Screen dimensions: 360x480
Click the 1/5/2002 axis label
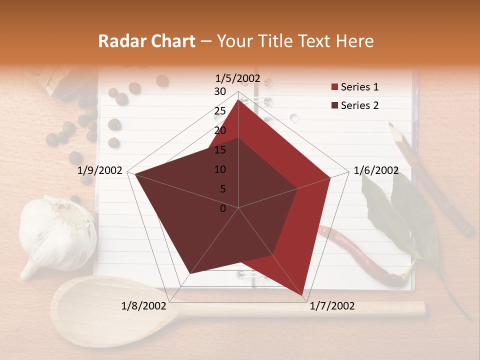[238, 78]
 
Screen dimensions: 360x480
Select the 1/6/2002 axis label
[376, 170]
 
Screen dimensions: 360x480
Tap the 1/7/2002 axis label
[332, 306]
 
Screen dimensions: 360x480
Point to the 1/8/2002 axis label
[144, 306]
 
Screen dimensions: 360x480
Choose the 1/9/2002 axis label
[100, 170]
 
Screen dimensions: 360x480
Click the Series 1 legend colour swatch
[334, 87]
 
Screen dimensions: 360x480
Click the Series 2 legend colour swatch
[334, 106]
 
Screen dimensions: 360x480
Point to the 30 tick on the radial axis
[220, 91]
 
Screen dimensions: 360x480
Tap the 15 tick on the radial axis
[220, 150]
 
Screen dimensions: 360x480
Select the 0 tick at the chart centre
[223, 208]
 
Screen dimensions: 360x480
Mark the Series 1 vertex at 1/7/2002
[304, 296]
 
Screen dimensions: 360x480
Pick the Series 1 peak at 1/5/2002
[238, 99]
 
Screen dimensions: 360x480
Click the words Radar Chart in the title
[146, 41]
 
